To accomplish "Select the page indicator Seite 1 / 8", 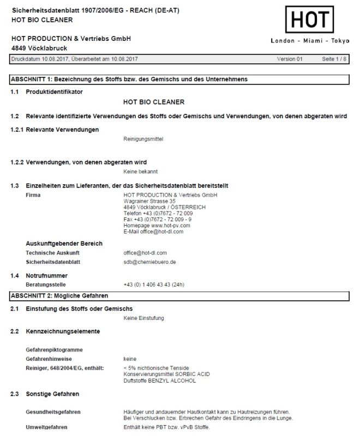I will click(334, 58).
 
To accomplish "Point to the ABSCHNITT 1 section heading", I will click(129, 80).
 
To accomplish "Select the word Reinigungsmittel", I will click(143, 139).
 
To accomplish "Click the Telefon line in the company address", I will click(158, 213).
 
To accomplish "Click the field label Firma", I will click(33, 195).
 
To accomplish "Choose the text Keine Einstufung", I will click(143, 318).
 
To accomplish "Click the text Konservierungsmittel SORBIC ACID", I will click(166, 374).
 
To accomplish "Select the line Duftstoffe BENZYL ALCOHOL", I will click(160, 380).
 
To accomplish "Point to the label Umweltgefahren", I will click(46, 427).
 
